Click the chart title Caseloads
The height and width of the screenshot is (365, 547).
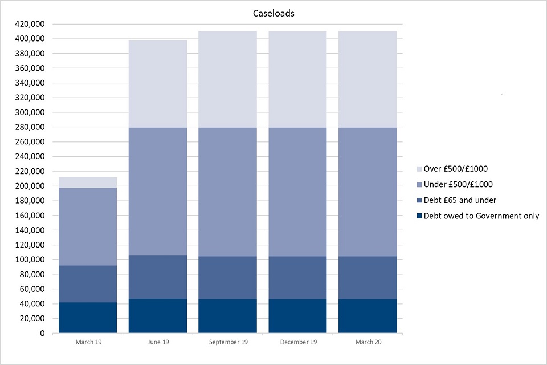273,14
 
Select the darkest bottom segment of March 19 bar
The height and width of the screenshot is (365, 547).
88,318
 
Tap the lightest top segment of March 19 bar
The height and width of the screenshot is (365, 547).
88,182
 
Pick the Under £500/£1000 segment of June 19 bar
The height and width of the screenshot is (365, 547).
158,192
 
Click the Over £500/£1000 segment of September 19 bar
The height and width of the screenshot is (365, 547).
227,79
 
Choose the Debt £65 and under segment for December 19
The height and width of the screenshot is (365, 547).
297,278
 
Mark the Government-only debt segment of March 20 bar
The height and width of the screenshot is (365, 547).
368,316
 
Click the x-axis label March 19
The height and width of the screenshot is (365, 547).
88,342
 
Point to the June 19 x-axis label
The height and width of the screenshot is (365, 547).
158,342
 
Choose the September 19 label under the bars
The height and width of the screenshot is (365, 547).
227,342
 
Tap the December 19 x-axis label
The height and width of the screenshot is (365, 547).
297,342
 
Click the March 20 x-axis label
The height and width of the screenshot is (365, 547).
368,342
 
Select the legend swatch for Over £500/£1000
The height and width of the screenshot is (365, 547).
420,169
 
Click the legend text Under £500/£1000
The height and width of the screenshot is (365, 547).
459,184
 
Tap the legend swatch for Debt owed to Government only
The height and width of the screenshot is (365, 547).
420,216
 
